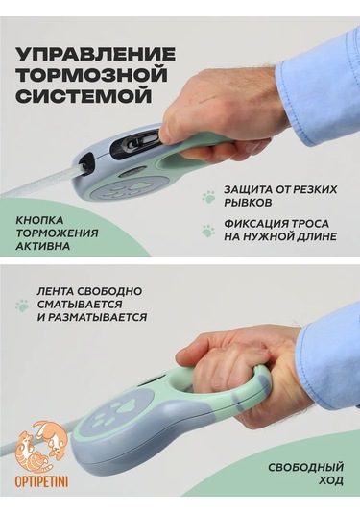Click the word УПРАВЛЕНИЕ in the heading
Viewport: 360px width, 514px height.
point(96,54)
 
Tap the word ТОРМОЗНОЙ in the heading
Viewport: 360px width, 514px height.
point(92,75)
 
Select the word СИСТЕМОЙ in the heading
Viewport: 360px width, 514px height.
point(84,96)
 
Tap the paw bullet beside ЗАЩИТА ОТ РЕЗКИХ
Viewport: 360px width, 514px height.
point(208,197)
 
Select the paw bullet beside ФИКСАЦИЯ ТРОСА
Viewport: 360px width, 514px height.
point(207,231)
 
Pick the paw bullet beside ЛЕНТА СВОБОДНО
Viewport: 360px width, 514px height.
point(22,306)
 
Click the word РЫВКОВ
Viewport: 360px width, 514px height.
point(248,203)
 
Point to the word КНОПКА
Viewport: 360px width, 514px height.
point(39,220)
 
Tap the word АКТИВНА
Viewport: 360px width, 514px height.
point(42,246)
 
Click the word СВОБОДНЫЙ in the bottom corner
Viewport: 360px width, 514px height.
point(305,467)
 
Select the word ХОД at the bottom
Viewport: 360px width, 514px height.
point(331,481)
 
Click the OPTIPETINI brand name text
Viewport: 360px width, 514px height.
point(41,482)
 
